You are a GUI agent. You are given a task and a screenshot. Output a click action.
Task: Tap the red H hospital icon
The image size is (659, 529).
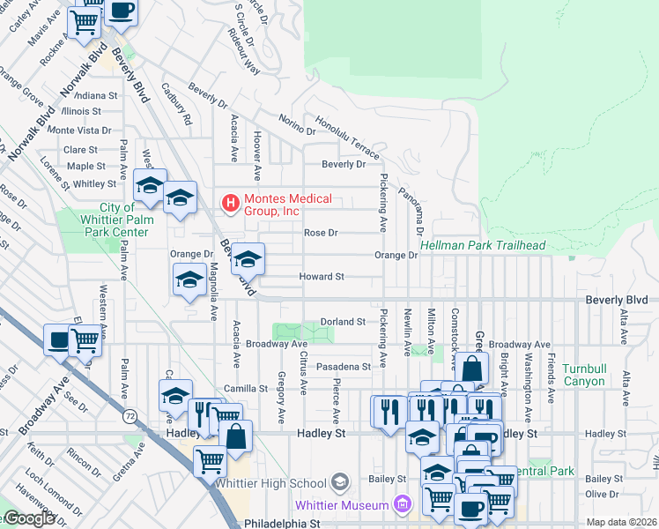(231, 205)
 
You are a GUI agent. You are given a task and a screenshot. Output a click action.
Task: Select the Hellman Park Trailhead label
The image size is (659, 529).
(482, 245)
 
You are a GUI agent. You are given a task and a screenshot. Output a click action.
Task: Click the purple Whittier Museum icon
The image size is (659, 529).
(403, 505)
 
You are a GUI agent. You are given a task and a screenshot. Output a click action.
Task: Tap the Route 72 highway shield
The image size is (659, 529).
(130, 415)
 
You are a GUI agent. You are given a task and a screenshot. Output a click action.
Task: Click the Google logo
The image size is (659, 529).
(28, 518)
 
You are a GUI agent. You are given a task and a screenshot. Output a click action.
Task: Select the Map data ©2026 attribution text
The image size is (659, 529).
(621, 522)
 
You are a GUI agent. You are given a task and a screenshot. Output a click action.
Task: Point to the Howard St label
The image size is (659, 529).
(320, 277)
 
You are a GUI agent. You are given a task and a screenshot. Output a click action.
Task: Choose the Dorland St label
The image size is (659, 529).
(342, 322)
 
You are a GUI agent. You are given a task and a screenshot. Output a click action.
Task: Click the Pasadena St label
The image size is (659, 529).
(344, 366)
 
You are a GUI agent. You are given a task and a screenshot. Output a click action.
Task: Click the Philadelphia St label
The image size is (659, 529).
(285, 523)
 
